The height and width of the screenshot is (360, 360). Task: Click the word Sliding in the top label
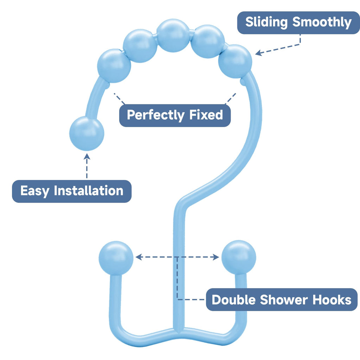(267, 22)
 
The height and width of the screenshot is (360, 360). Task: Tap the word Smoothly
(322, 22)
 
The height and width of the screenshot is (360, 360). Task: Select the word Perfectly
(155, 115)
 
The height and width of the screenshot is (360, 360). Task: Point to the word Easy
(34, 191)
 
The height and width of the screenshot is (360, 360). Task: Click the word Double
(234, 300)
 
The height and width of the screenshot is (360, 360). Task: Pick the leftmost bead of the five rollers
(114, 66)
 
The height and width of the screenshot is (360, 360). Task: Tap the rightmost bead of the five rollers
(235, 61)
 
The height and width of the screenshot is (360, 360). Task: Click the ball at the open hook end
(87, 133)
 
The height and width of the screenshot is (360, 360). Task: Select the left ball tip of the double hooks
(116, 258)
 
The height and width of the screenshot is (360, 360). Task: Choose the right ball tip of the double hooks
(239, 257)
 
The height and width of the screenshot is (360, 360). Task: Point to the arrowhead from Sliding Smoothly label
(258, 53)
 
